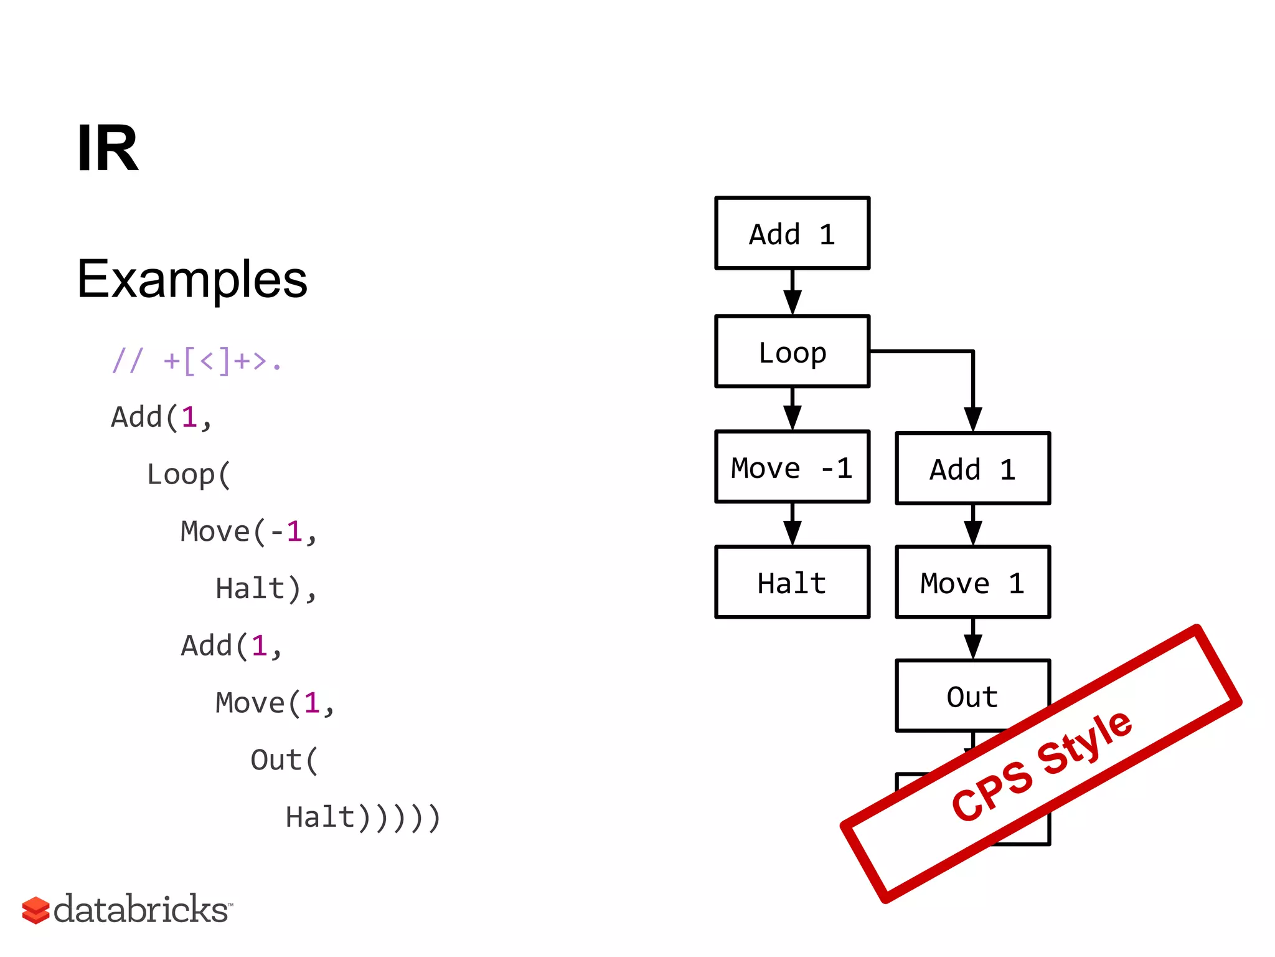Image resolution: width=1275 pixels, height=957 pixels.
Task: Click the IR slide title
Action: tap(107, 148)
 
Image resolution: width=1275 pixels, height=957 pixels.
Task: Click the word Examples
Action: tap(192, 279)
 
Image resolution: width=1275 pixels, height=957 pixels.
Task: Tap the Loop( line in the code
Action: tap(189, 475)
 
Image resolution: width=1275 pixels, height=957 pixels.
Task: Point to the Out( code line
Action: tap(284, 760)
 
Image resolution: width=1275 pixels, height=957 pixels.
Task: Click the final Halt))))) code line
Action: tap(363, 817)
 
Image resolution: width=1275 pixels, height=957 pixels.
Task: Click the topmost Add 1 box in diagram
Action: tap(792, 234)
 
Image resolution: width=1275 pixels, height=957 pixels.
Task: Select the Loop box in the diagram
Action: tap(792, 352)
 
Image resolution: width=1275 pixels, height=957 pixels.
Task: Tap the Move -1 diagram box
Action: tap(792, 467)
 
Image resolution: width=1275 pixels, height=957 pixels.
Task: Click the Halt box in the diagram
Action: tap(792, 583)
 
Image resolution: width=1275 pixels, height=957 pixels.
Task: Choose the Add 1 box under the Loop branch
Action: tap(972, 469)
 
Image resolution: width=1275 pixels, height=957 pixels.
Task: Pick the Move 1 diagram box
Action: tap(972, 583)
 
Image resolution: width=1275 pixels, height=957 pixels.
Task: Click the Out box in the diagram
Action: tap(972, 695)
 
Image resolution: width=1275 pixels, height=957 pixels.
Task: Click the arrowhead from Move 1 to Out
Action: tap(972, 646)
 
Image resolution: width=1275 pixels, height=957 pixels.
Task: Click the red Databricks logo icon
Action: tap(35, 910)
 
